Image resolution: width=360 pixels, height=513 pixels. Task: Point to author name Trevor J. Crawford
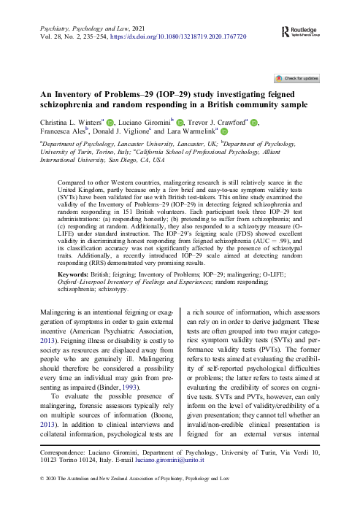tap(218, 122)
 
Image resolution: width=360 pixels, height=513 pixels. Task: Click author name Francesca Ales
tap(64, 133)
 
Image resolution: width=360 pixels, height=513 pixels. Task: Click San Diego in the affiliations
tap(120, 158)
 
